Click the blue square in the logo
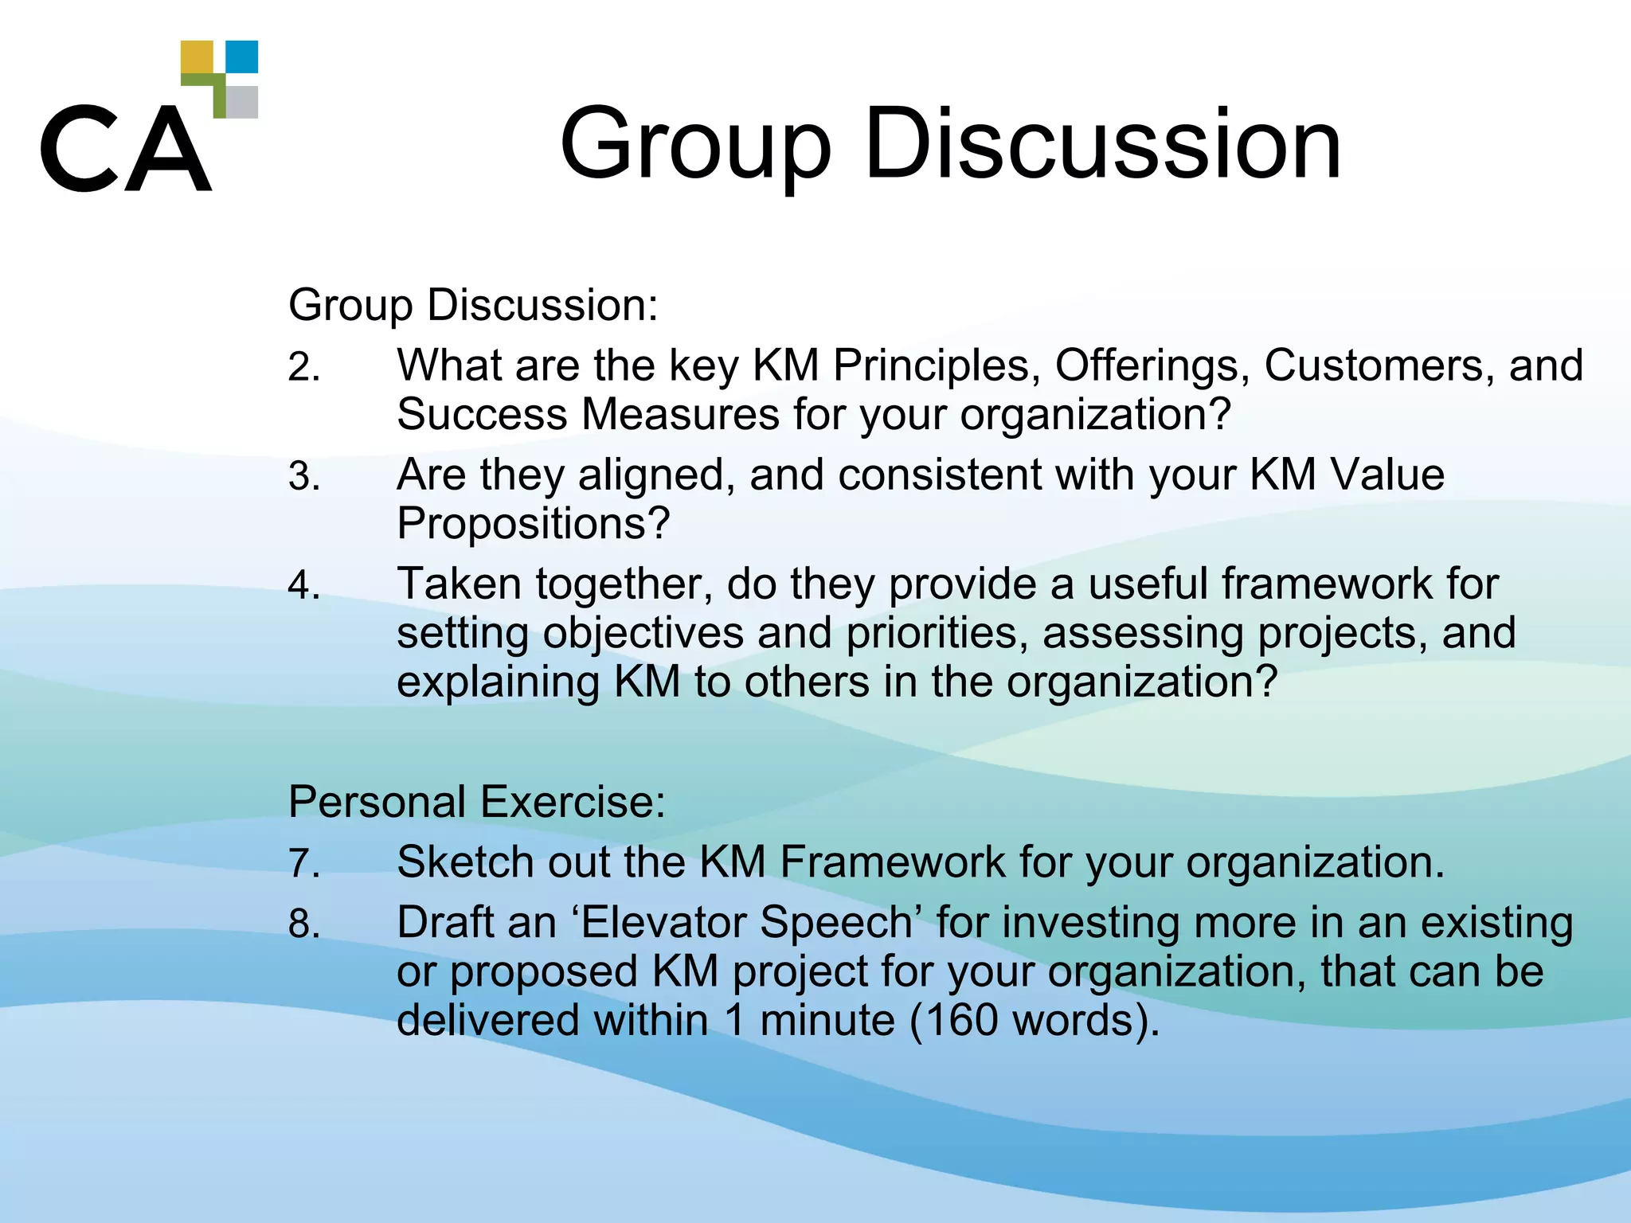pyautogui.click(x=242, y=57)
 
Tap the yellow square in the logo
pyautogui.click(x=197, y=57)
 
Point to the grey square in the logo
pyautogui.click(x=242, y=102)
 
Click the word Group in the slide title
pyautogui.click(x=695, y=144)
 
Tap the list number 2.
pyautogui.click(x=303, y=369)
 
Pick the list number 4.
pyautogui.click(x=303, y=586)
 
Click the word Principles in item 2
pyautogui.click(x=937, y=366)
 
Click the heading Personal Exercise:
pyautogui.click(x=476, y=802)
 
